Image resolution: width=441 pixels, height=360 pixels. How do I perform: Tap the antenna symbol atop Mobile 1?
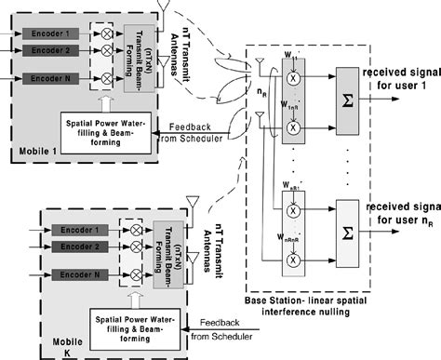pyautogui.click(x=164, y=8)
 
